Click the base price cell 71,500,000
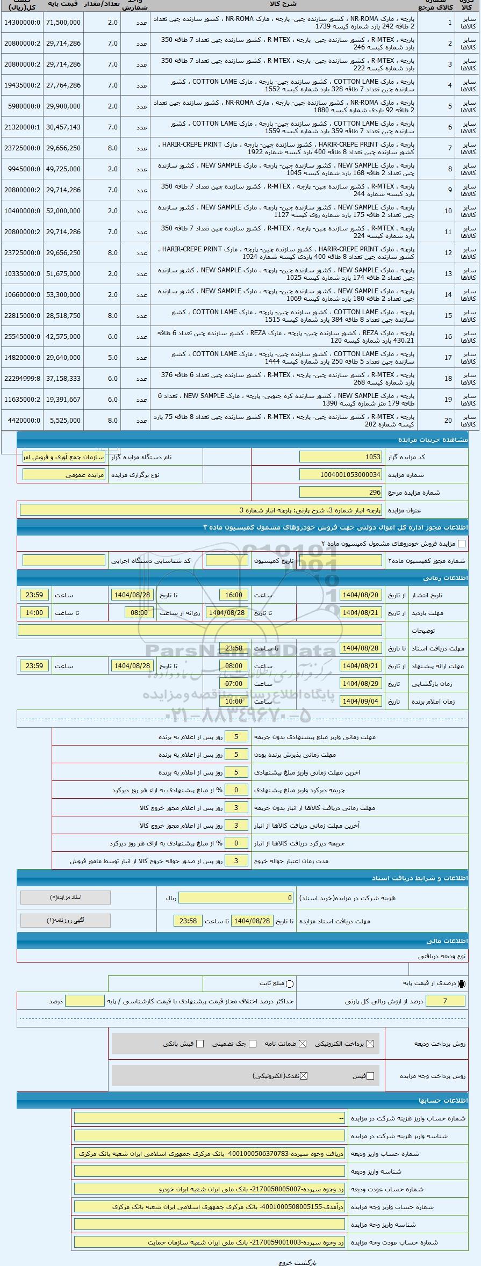[63, 23]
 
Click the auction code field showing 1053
[340, 457]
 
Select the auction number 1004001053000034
[340, 475]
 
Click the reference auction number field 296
[340, 492]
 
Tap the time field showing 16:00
[234, 595]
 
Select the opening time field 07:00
[234, 684]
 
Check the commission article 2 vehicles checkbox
[461, 544]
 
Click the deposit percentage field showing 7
[444, 1001]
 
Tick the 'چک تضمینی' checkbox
[253, 1044]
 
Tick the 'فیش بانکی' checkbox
[200, 1044]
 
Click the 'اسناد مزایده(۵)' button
[66, 898]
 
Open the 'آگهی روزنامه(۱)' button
[66, 920]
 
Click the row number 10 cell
[448, 211]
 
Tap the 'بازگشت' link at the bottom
[307, 1262]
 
